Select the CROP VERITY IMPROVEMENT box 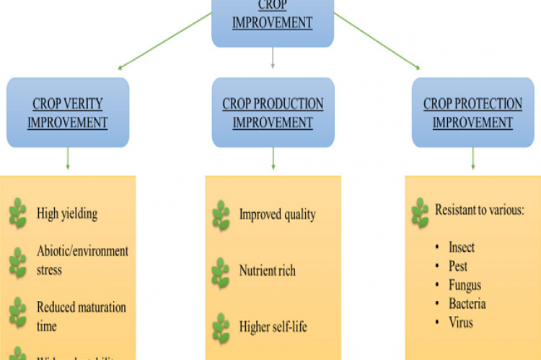pyautogui.click(x=68, y=113)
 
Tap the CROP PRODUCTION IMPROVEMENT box pyautogui.click(x=273, y=113)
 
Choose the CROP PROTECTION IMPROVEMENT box pyautogui.click(x=472, y=113)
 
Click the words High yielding pyautogui.click(x=67, y=214)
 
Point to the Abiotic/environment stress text pyautogui.click(x=82, y=260)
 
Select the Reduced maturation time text pyautogui.click(x=82, y=316)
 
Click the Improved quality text pyautogui.click(x=277, y=214)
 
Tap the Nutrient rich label pyautogui.click(x=267, y=271)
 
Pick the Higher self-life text pyautogui.click(x=273, y=328)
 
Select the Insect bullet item pyautogui.click(x=462, y=247)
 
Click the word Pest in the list pyautogui.click(x=458, y=266)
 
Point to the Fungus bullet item pyautogui.click(x=465, y=285)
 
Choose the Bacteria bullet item pyautogui.click(x=467, y=304)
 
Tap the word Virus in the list pyautogui.click(x=461, y=322)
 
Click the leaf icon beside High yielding pyautogui.click(x=18, y=214)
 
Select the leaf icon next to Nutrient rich pyautogui.click(x=221, y=272)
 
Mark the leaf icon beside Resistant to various pyautogui.click(x=420, y=212)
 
